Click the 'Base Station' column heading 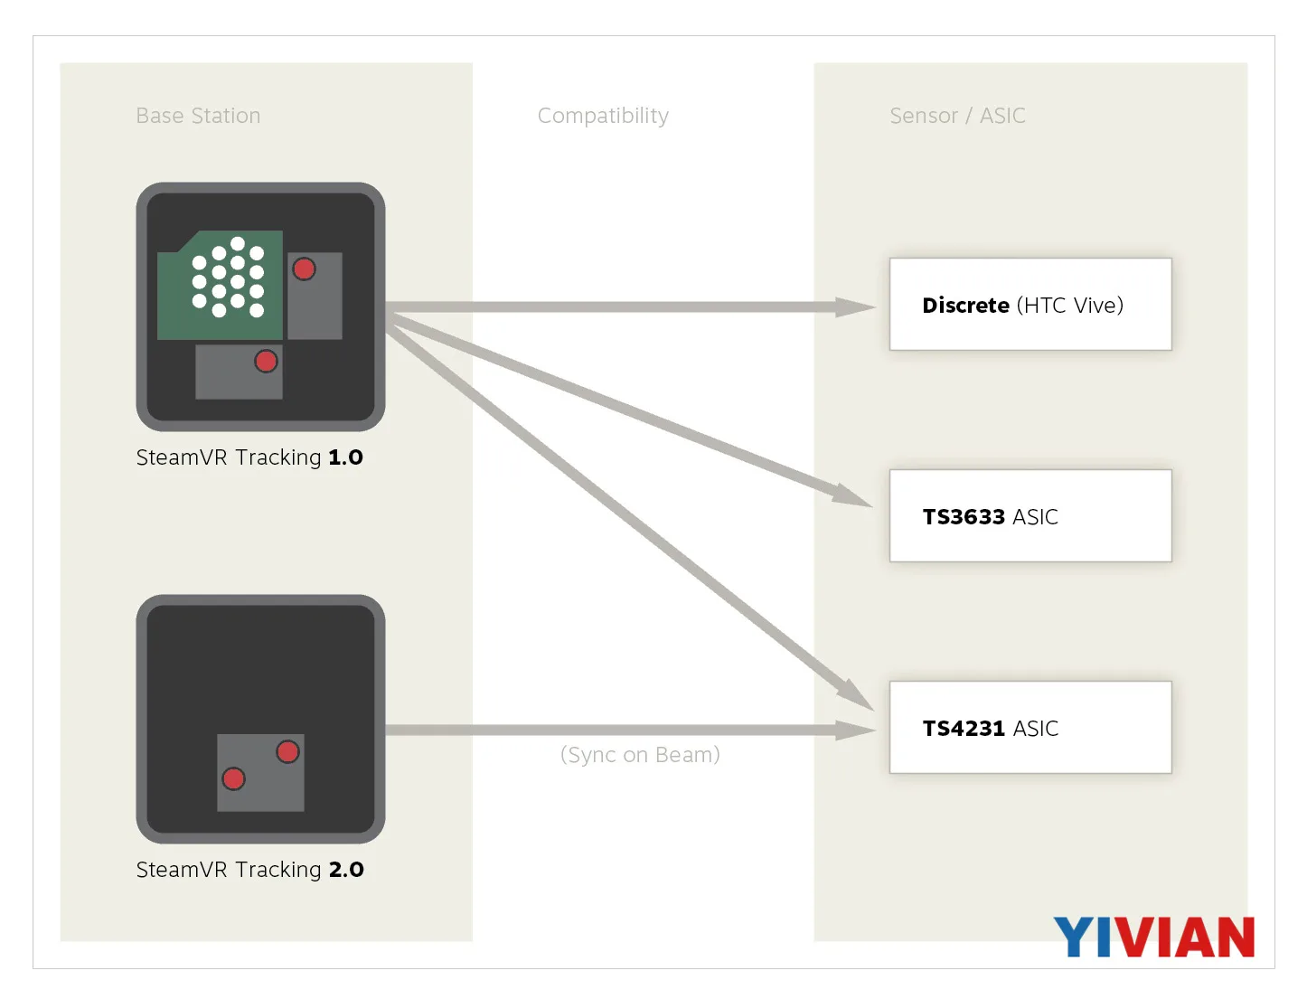click(x=198, y=116)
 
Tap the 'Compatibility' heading click(x=603, y=116)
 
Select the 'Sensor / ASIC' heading click(x=957, y=116)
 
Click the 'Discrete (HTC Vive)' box click(x=1030, y=305)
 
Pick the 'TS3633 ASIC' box click(x=1030, y=515)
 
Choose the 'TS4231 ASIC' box click(x=1030, y=727)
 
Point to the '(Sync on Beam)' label click(x=640, y=755)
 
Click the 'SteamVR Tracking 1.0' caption click(x=249, y=457)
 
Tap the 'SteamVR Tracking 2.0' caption click(x=249, y=870)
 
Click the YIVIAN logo click(x=1153, y=938)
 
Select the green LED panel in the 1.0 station click(x=220, y=285)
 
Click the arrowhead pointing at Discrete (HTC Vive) click(x=855, y=307)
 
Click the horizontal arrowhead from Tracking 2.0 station click(x=855, y=730)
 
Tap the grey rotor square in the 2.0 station click(x=260, y=773)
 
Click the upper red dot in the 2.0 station click(x=287, y=752)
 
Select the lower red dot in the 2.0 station click(x=233, y=778)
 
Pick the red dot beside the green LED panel click(x=304, y=269)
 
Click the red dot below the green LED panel click(x=266, y=362)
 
